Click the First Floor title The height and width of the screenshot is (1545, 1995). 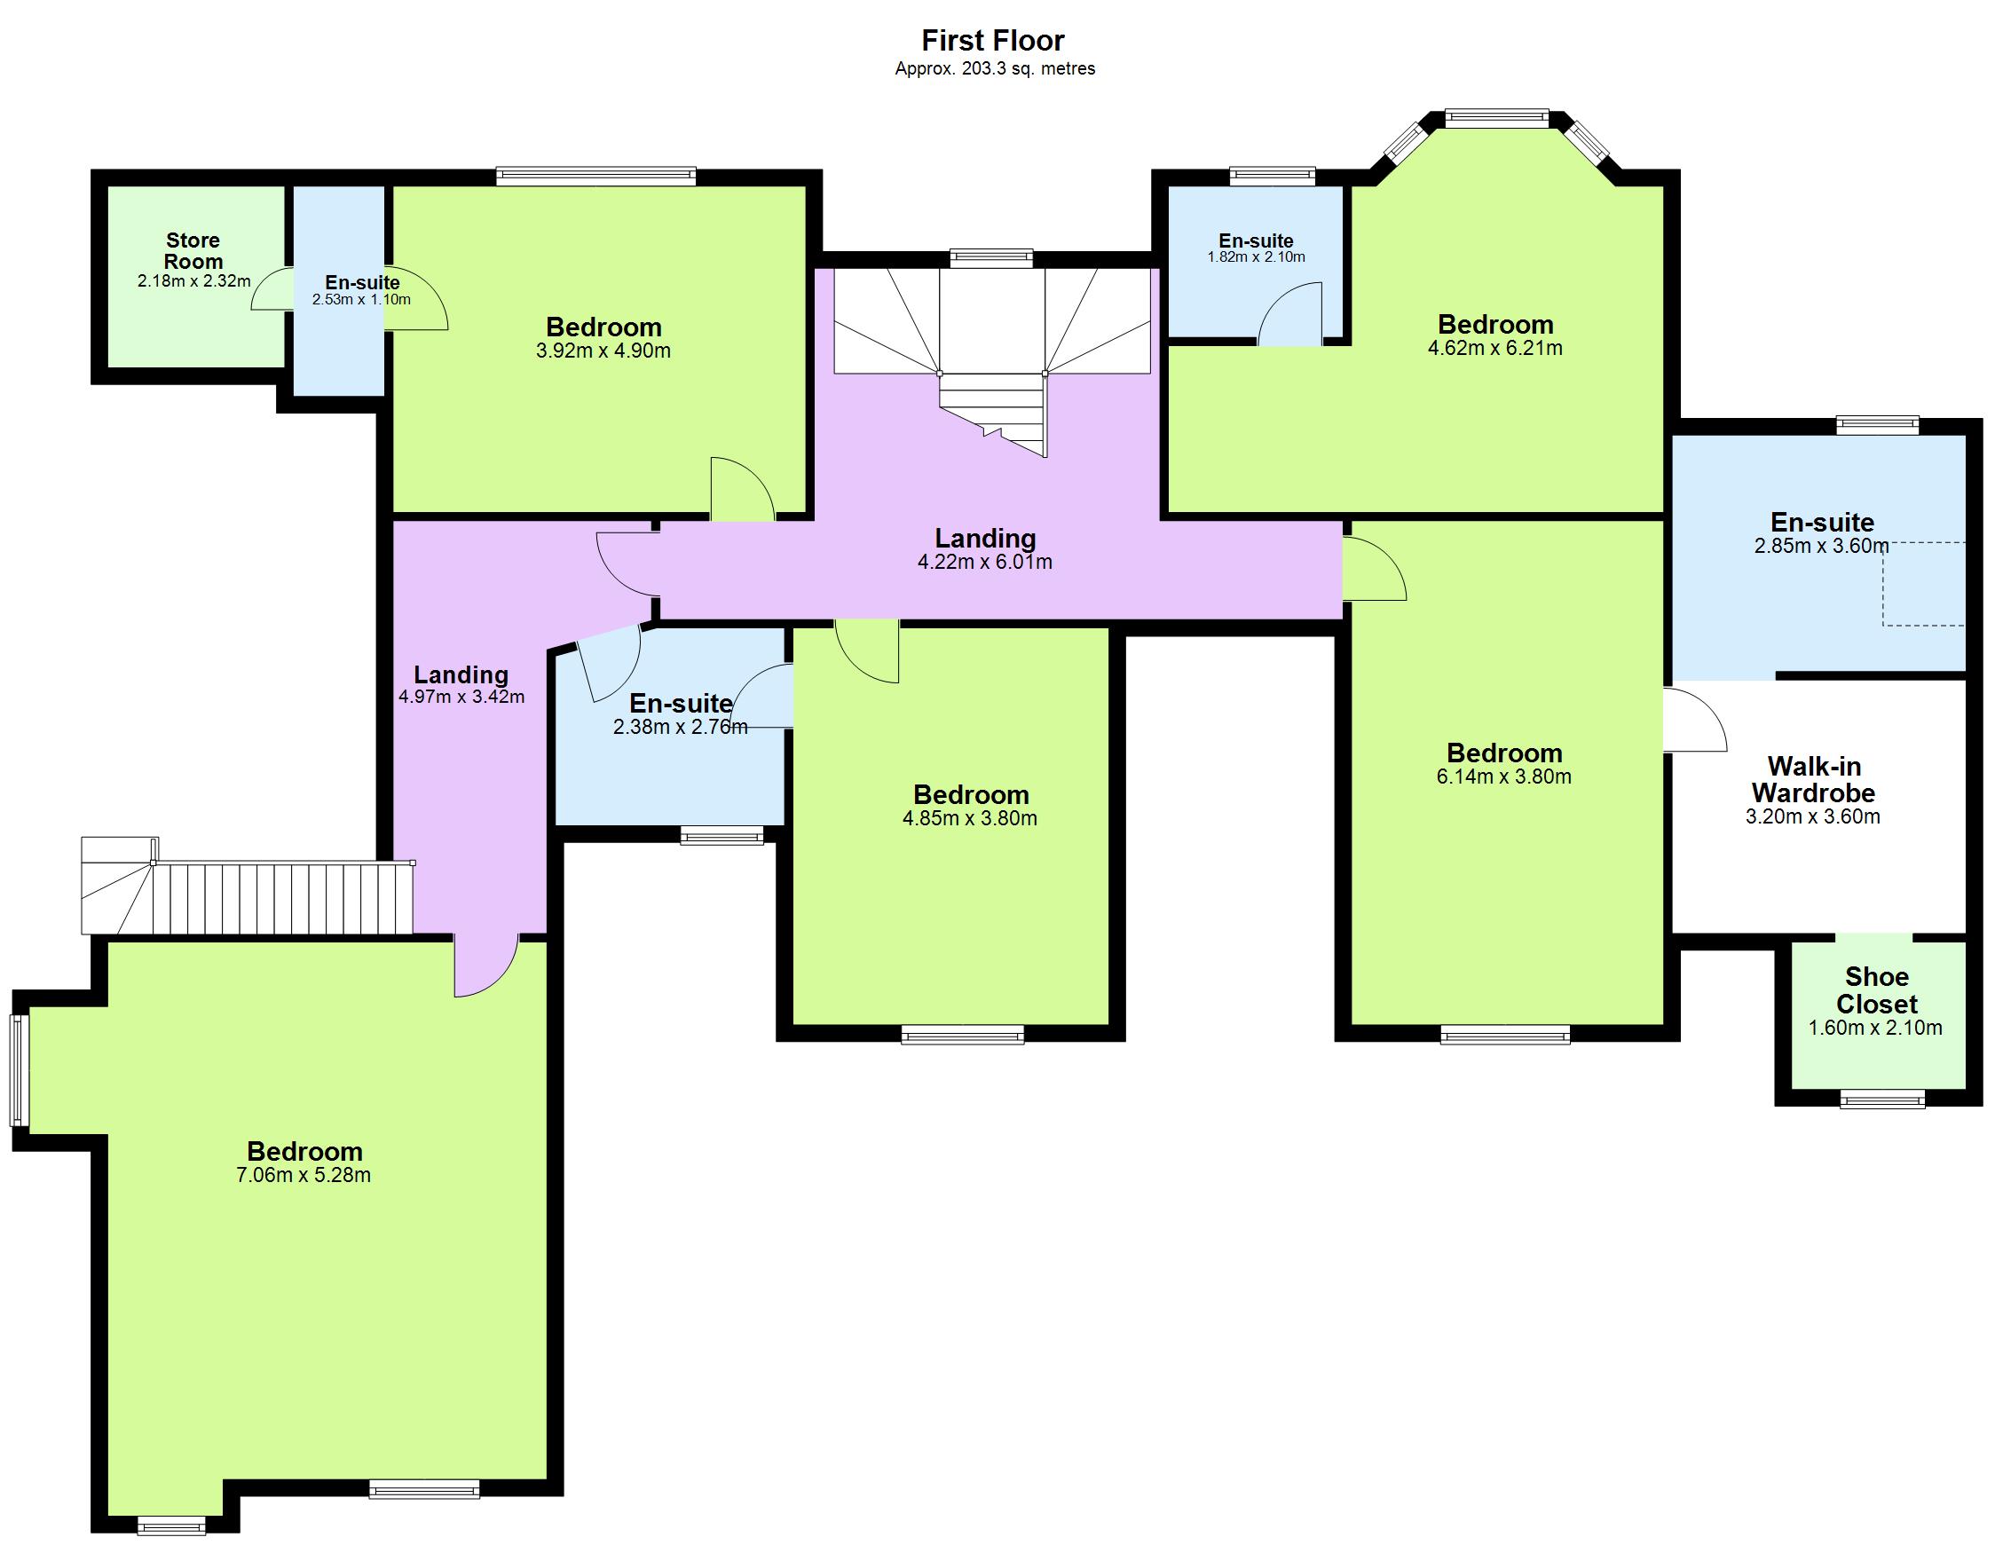coord(993,40)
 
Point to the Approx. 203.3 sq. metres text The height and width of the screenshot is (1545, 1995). coord(995,68)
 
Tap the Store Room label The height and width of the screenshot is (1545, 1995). coord(193,251)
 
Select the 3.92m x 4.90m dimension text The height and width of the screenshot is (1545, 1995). coord(603,351)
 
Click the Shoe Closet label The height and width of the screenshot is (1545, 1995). coord(1876,990)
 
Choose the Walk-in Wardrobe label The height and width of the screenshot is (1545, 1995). coord(1813,779)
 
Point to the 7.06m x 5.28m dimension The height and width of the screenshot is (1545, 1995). coord(304,1176)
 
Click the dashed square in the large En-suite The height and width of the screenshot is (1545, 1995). coord(1923,585)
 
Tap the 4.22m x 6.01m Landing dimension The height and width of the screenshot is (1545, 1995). coord(985,563)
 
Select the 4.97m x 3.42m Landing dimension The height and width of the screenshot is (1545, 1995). coord(461,698)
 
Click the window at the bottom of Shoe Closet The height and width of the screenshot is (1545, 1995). coord(1881,1101)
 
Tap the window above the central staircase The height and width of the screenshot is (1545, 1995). coord(991,258)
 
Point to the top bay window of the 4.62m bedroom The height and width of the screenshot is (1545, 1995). coord(1497,118)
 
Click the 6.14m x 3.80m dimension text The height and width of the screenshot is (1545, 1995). coord(1503,777)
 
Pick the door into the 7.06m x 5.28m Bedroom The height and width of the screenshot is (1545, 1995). coord(487,966)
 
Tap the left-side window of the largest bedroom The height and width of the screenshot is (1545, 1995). coord(20,1070)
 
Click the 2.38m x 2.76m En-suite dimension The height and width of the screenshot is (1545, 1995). coord(680,728)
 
